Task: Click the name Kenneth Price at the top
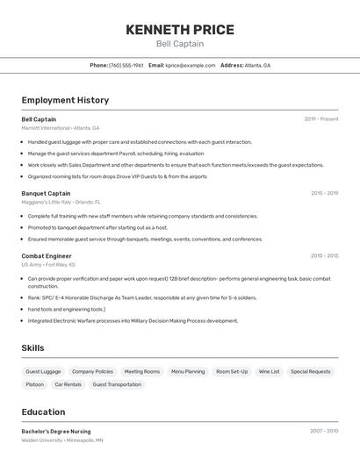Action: [x=180, y=30]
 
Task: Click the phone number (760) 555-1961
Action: [x=126, y=65]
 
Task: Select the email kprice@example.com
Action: [x=191, y=65]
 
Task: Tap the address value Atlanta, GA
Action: [x=257, y=65]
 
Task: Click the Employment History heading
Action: [x=65, y=100]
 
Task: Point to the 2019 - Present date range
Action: [x=321, y=118]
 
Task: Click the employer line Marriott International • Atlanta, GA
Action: [x=61, y=127]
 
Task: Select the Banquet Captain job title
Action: [x=46, y=193]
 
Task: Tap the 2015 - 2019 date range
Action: [x=324, y=193]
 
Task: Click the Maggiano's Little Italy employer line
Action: [x=61, y=202]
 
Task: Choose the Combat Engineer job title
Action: [x=47, y=256]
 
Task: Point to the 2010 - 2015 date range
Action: [x=324, y=256]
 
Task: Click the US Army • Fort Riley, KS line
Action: [x=48, y=264]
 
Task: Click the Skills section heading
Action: [x=32, y=348]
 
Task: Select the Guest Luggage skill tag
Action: [x=43, y=371]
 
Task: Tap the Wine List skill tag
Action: [x=269, y=371]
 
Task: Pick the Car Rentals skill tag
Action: [x=68, y=384]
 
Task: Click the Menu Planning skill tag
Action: [x=188, y=371]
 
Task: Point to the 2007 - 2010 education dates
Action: [x=324, y=431]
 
